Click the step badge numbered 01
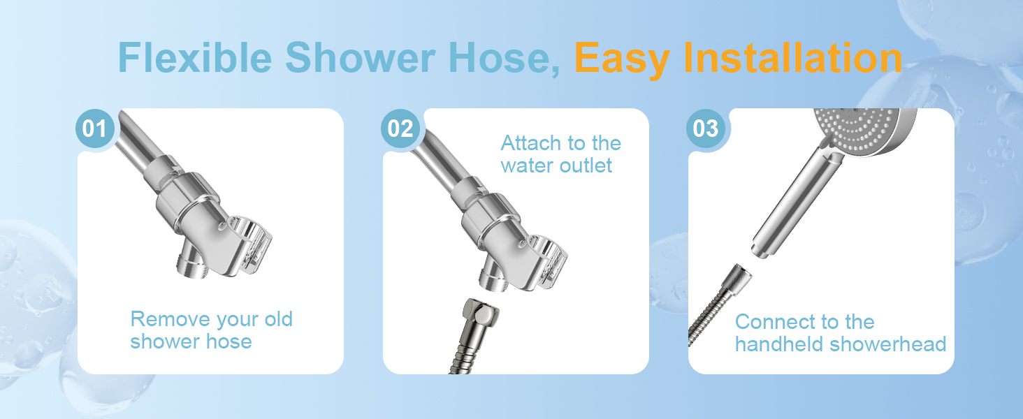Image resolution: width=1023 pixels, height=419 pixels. (x=94, y=128)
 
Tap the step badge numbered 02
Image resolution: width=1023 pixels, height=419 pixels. (x=400, y=128)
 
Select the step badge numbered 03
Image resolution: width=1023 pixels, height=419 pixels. (x=706, y=128)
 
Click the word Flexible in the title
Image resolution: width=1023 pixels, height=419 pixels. (x=195, y=58)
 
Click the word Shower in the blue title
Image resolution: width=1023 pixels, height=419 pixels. (x=361, y=58)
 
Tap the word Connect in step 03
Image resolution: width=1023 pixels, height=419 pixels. (x=771, y=322)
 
